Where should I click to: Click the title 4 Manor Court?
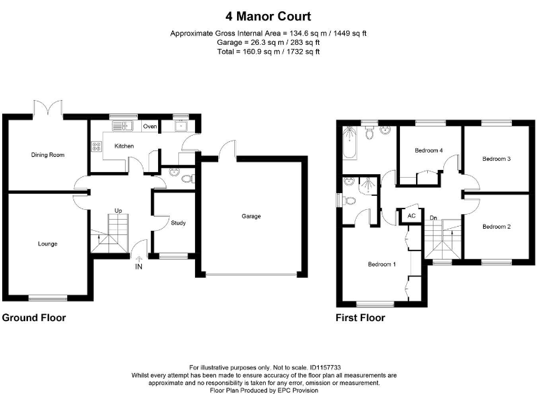tap(268, 16)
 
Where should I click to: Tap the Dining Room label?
tap(48, 155)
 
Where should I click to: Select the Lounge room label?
tap(48, 244)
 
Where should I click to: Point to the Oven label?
tap(150, 127)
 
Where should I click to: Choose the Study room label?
tap(178, 223)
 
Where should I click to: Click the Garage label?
tap(251, 216)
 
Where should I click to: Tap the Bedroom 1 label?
tap(382, 264)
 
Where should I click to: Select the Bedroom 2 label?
tap(496, 227)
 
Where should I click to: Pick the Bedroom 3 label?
tap(496, 159)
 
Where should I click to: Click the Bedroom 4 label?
tap(429, 150)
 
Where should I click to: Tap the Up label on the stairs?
tap(119, 211)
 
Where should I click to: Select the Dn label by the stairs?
tap(434, 217)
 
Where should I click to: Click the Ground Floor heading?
tap(34, 318)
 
